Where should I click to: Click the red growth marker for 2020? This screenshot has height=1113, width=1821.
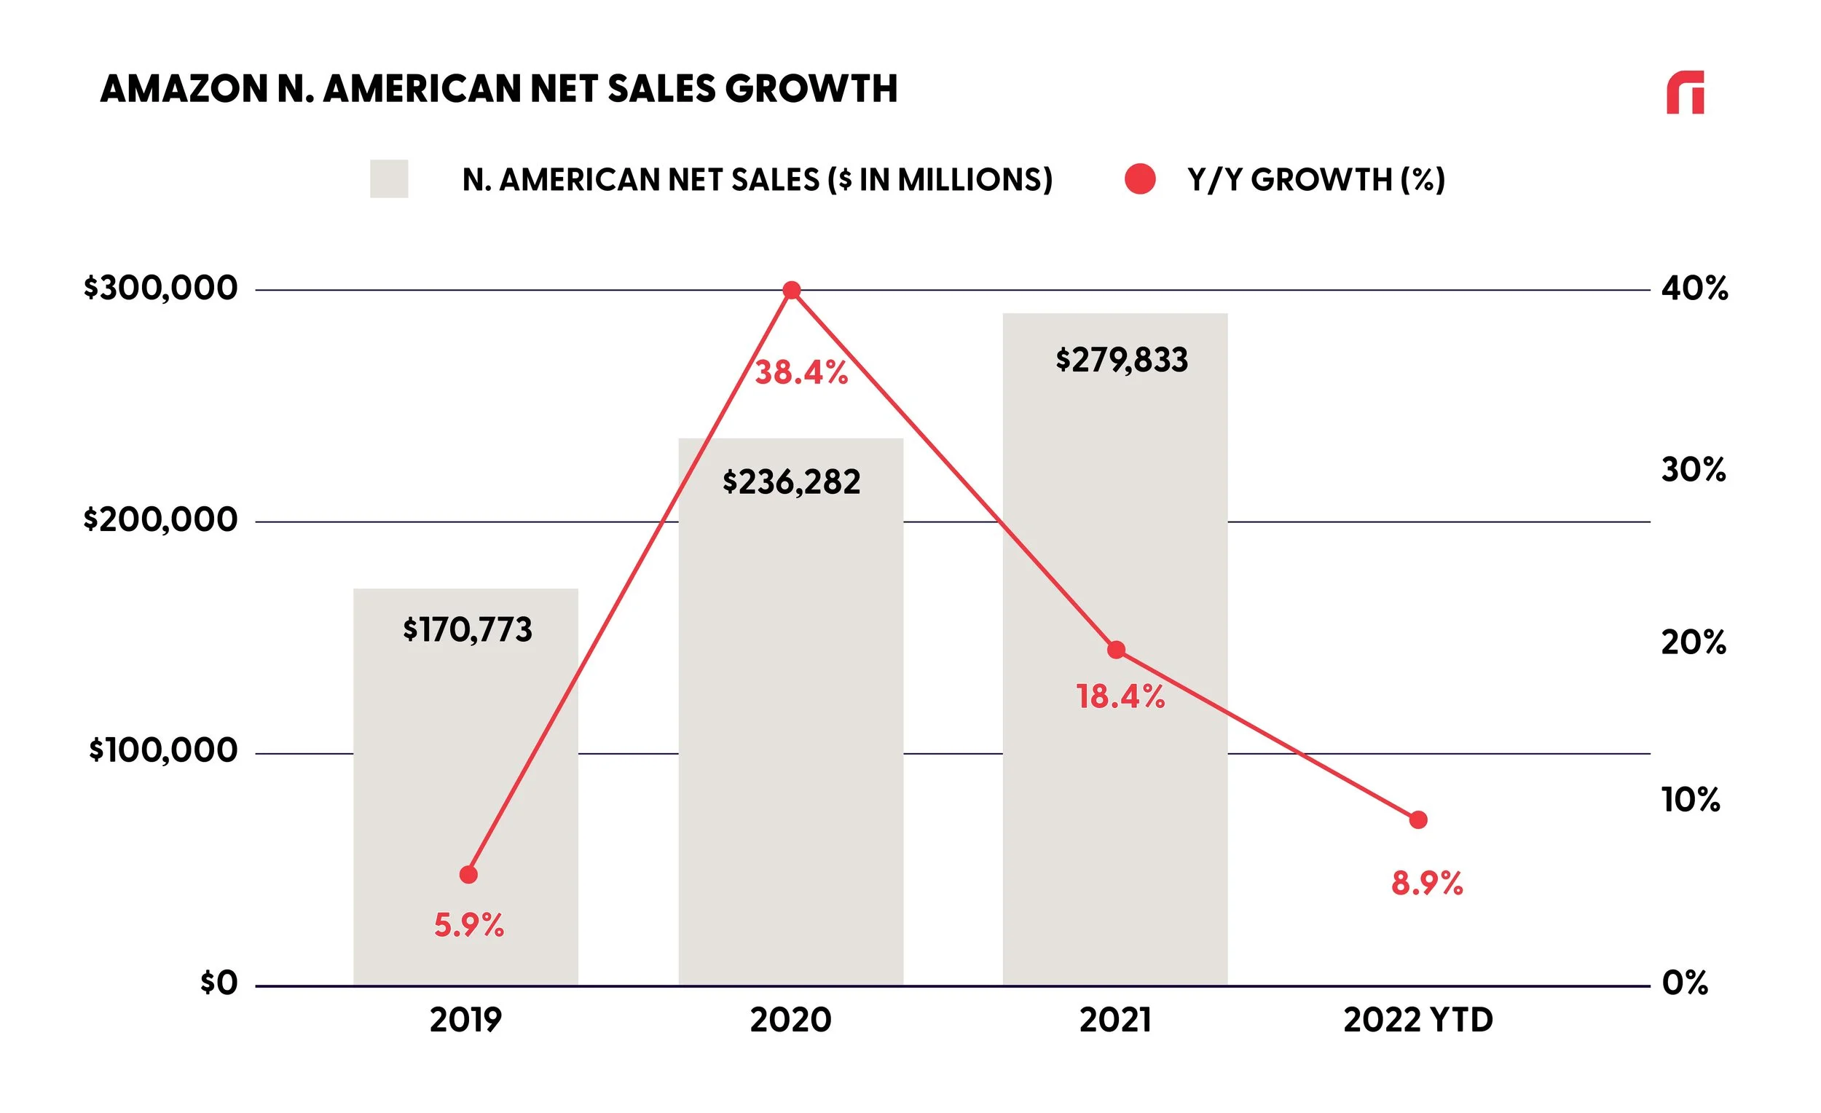click(x=792, y=291)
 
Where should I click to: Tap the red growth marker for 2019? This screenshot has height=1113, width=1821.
click(x=468, y=875)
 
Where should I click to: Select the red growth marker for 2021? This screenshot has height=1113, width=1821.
click(x=1116, y=650)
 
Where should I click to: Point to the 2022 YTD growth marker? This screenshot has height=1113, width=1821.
click(x=1418, y=820)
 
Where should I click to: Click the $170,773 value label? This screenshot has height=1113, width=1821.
click(x=467, y=630)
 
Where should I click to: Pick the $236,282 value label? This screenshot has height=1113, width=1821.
click(x=792, y=483)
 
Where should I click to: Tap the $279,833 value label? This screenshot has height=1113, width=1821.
click(x=1122, y=361)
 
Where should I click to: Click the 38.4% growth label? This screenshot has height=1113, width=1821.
click(x=801, y=373)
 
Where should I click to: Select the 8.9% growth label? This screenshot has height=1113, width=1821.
click(x=1427, y=884)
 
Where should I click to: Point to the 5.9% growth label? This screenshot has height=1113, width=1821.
click(x=469, y=925)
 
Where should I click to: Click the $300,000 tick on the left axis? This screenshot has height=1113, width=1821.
click(x=160, y=288)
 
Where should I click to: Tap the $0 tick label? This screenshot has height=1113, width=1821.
click(x=219, y=983)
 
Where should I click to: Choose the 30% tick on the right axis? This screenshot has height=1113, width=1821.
click(x=1693, y=470)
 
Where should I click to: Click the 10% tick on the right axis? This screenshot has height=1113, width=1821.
click(x=1691, y=800)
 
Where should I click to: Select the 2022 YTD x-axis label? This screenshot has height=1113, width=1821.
click(x=1418, y=1020)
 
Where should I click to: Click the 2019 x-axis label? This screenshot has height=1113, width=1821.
click(x=465, y=1020)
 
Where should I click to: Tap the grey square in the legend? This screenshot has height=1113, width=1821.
click(x=389, y=179)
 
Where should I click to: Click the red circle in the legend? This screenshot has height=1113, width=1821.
click(x=1140, y=179)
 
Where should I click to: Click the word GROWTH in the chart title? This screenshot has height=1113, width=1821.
click(x=811, y=90)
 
